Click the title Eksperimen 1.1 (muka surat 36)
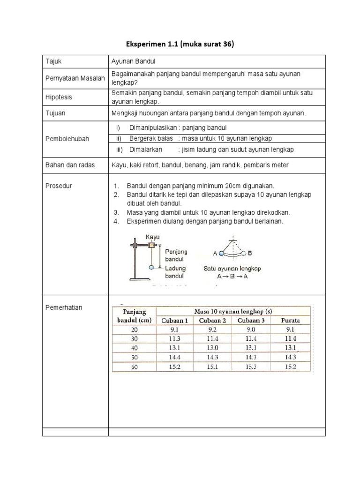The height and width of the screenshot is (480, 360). click(x=180, y=45)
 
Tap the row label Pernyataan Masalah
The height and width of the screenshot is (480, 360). click(x=75, y=78)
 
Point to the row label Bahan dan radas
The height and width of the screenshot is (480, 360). click(x=69, y=165)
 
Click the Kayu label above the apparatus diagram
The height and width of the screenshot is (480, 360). click(x=153, y=237)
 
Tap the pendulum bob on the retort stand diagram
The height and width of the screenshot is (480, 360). click(x=151, y=267)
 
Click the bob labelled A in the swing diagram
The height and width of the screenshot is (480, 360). click(x=221, y=253)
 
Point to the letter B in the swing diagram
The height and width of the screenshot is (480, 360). click(x=250, y=253)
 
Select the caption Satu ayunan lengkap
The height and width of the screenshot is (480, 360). click(x=232, y=269)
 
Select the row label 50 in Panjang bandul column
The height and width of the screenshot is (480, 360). click(x=135, y=357)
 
